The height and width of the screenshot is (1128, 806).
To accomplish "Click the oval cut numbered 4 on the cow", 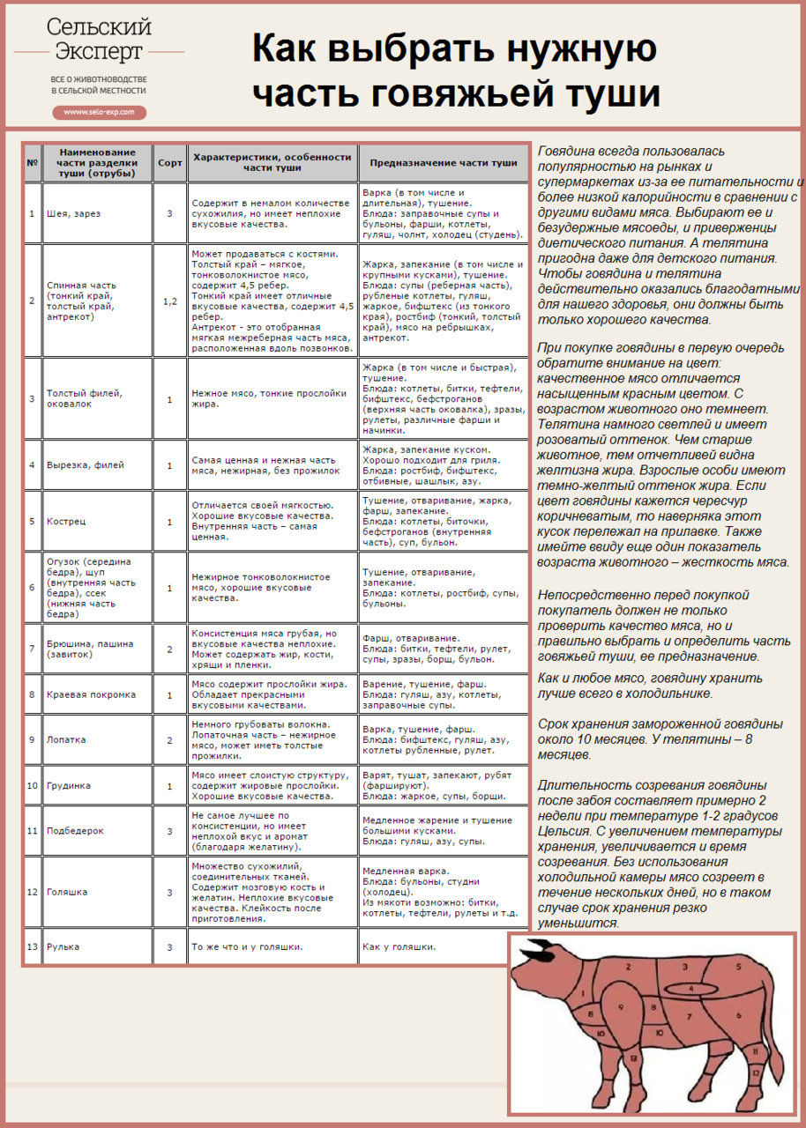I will [x=690, y=989].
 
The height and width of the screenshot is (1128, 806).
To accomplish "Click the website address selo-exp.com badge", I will [x=99, y=113].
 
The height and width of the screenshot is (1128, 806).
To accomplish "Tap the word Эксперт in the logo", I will [x=99, y=51].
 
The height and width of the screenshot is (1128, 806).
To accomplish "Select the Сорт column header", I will [x=169, y=163].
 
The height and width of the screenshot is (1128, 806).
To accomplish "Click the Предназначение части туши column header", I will [x=443, y=163].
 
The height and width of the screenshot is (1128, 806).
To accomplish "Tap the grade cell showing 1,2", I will [x=169, y=301].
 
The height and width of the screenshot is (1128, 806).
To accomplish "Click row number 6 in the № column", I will [x=32, y=588].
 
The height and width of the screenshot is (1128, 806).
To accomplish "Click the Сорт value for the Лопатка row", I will [x=169, y=740].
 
